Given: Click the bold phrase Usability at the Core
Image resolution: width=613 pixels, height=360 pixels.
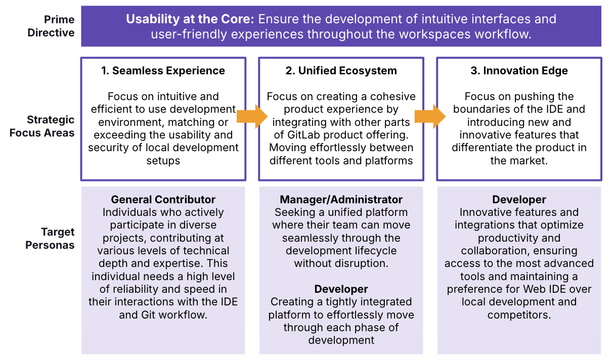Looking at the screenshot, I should pos(190,20).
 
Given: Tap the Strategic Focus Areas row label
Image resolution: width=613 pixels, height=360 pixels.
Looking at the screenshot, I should pos(42,126).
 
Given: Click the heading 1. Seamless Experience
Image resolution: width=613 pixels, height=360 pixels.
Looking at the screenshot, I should pos(163,71).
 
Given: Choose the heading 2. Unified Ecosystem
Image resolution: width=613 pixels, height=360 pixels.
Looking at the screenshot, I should pos(341,71).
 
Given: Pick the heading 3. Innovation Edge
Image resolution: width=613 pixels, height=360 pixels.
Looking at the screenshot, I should pos(519,71).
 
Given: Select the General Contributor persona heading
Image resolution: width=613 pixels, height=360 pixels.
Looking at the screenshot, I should pos(163,199).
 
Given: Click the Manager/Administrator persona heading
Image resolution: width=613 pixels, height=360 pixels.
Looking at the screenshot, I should pos(341,199).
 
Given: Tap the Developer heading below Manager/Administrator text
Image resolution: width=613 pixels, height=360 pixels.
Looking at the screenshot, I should pos(341,289).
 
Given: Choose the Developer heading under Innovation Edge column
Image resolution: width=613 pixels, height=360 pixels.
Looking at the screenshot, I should pos(519,199).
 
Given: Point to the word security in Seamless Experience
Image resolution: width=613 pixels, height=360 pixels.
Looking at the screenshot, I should pos(108,148).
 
